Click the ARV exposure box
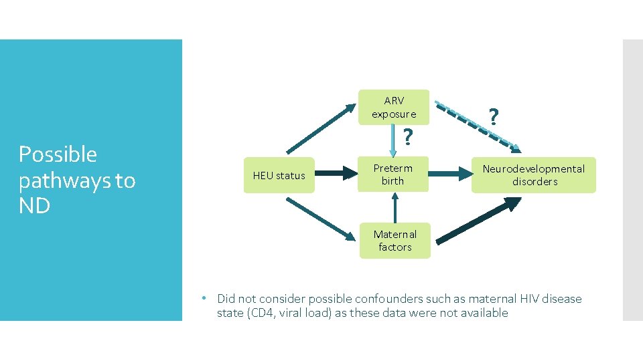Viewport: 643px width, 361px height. click(394, 107)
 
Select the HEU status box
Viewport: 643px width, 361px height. click(279, 176)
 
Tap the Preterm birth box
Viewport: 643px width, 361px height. click(393, 174)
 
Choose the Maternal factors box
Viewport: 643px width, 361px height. click(395, 241)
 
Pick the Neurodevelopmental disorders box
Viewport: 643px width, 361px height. click(533, 175)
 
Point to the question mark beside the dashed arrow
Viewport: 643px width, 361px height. click(494, 118)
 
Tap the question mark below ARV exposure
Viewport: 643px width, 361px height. click(406, 138)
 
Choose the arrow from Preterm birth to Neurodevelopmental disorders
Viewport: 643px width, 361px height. click(449, 174)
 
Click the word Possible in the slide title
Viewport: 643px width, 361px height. click(58, 154)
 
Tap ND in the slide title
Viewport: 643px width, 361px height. click(34, 206)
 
